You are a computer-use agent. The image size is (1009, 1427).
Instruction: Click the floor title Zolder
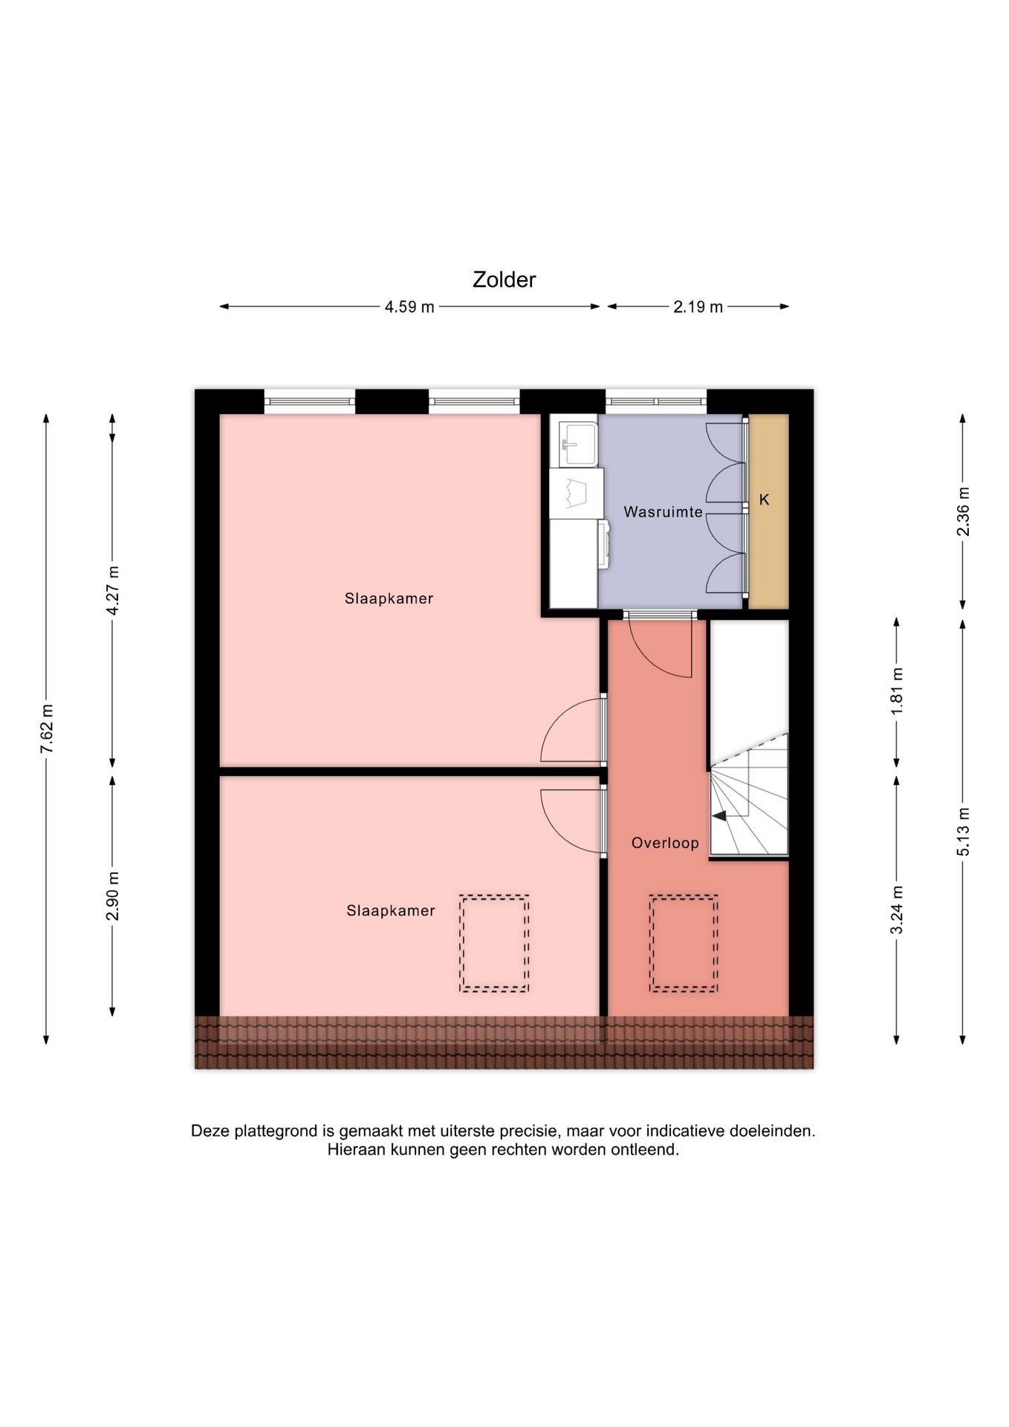coord(504,279)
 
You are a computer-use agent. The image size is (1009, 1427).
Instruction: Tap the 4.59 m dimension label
coord(409,307)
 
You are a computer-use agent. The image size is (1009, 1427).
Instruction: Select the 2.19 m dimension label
coord(698,307)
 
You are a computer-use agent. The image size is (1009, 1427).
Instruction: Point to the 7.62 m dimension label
coord(47,728)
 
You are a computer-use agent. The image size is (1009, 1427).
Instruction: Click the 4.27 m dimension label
coord(113,590)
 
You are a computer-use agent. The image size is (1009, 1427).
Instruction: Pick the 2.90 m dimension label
coord(113,895)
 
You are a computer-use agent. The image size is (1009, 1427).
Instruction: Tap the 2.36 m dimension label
coord(963,511)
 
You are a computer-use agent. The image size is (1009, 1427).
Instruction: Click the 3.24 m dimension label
coord(897,910)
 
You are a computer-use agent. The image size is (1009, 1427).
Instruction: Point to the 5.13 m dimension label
coord(963,831)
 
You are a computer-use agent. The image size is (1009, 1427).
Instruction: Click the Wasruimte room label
coord(663,512)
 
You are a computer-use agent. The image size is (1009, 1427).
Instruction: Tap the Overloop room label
coord(665,843)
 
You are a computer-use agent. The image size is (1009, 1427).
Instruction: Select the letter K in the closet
coord(764,500)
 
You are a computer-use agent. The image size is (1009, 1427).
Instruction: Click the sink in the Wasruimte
coord(578,441)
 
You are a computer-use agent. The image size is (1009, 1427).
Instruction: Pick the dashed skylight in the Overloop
coord(684,943)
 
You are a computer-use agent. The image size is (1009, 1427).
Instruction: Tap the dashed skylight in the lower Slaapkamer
coord(494,943)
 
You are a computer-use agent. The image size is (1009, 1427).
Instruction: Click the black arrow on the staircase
coord(719,815)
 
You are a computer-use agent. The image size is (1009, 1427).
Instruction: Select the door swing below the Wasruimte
coord(660,648)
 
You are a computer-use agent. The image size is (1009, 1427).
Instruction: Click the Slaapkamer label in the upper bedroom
coord(389,598)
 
